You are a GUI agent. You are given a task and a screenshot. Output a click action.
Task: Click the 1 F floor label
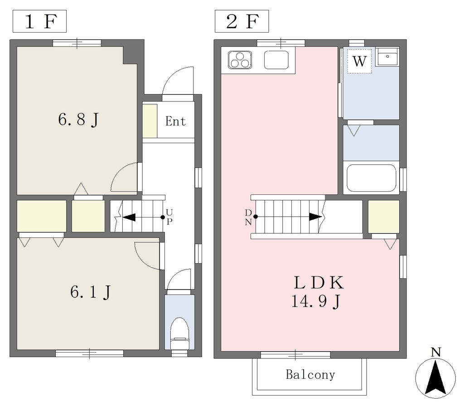pos(40,21)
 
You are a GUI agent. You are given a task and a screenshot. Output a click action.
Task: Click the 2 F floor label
pos(242,21)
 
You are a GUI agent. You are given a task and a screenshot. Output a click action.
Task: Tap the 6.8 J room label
pos(78,120)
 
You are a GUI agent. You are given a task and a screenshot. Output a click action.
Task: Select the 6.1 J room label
pos(90,292)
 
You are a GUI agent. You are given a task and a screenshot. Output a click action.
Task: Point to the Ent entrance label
pos(175,121)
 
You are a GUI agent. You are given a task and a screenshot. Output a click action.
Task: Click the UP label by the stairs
pos(169,217)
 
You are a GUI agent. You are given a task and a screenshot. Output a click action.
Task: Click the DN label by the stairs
pos(248,217)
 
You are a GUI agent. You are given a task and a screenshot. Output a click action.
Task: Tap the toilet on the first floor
pos(179,333)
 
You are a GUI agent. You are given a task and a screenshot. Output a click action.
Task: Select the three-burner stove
pos(240,60)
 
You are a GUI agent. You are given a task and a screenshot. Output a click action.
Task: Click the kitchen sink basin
pos(276,60)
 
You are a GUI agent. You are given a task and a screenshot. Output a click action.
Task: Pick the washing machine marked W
pos(359,61)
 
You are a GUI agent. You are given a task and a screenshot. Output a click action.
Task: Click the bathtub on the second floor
pos(372,178)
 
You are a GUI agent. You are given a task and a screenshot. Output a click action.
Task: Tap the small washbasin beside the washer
pos(387,57)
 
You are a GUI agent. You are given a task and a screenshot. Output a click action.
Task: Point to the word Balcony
pos(310,375)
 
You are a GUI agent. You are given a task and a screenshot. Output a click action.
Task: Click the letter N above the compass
pos(435,353)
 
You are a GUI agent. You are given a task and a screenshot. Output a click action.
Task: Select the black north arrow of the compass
pos(435,378)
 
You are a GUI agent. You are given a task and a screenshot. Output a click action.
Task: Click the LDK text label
pos(319,282)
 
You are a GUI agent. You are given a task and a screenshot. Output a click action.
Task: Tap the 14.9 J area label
pos(316,301)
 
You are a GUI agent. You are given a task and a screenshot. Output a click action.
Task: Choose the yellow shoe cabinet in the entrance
pos(150,121)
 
